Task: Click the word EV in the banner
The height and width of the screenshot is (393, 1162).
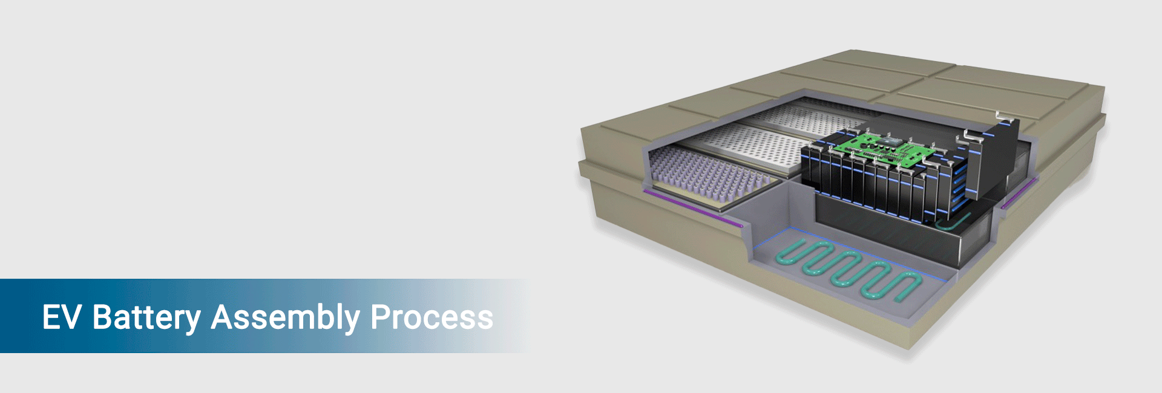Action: tap(61, 317)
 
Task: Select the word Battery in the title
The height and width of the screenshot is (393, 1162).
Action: tap(146, 317)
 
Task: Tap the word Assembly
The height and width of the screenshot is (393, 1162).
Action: tap(285, 317)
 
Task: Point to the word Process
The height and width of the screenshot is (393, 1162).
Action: tap(432, 317)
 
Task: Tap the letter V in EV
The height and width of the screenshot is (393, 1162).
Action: tap(71, 317)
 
